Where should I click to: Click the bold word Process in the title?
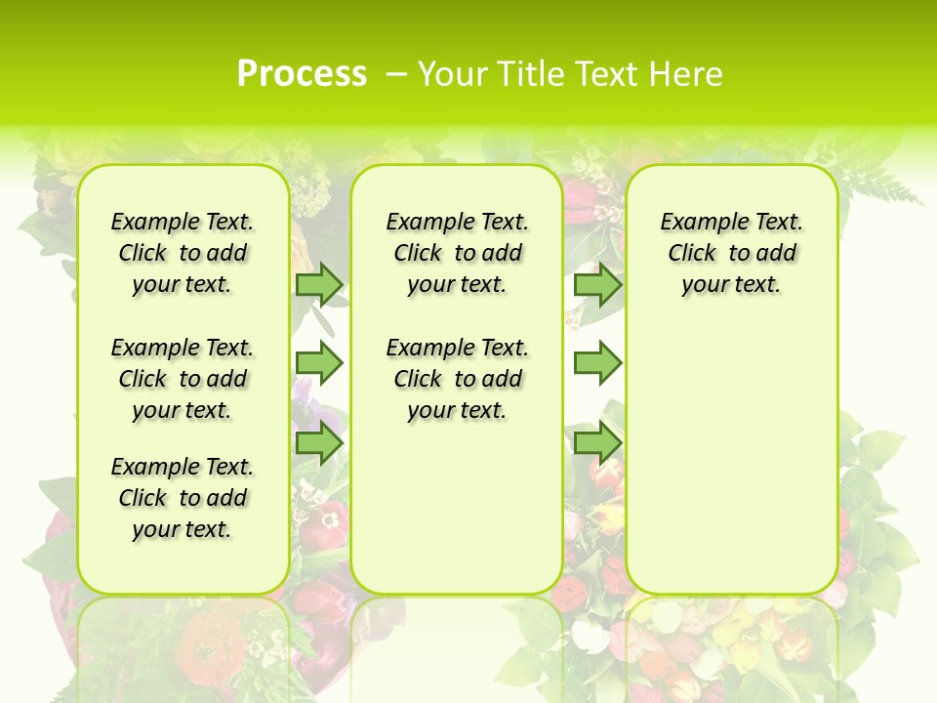[302, 73]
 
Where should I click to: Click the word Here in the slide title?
[689, 74]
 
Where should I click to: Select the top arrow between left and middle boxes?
[319, 284]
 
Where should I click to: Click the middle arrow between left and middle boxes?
[319, 363]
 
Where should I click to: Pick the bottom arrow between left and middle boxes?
[319, 443]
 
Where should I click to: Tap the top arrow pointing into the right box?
[597, 284]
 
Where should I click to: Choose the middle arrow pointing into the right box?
[597, 363]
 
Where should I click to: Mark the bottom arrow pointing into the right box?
[597, 443]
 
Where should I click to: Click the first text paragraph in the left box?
[183, 253]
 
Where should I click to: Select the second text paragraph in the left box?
[183, 379]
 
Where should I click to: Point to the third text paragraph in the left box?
[183, 498]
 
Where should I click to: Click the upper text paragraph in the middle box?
[457, 253]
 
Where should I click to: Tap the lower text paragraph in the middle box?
[457, 379]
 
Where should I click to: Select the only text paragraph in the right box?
[732, 253]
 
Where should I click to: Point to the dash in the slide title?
[396, 74]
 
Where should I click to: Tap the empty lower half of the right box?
[732, 469]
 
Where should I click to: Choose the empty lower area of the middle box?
[457, 508]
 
